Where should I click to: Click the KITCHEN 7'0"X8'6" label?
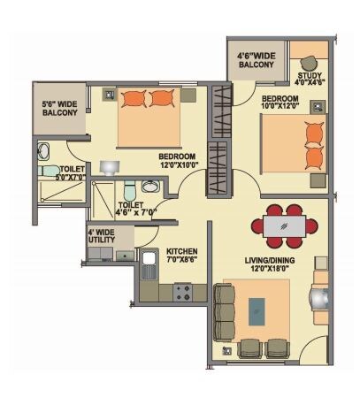coord(182,256)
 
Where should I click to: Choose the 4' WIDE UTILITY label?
coord(101,240)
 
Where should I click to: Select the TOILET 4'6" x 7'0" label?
coord(137,209)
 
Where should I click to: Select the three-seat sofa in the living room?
coord(224,312)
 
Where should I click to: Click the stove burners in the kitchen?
coord(184,290)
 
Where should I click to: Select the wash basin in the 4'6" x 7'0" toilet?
coord(151,187)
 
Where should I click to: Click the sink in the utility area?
coord(121,256)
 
